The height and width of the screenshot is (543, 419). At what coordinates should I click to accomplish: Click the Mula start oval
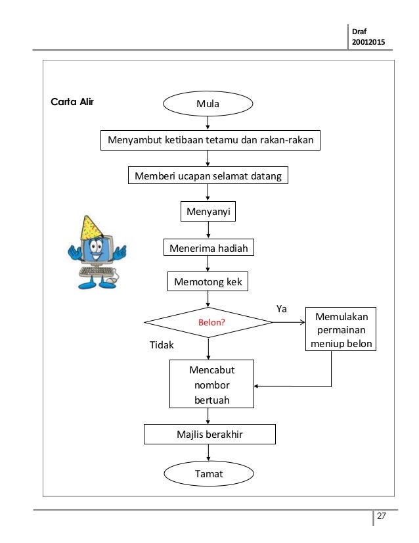click(208, 104)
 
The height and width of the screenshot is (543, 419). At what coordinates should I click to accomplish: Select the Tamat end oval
click(209, 473)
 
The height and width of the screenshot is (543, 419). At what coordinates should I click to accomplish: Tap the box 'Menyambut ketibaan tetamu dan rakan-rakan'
click(210, 140)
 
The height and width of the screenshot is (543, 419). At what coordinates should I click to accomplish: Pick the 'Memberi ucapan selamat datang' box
click(208, 176)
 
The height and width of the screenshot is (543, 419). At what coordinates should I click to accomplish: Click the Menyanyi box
click(208, 211)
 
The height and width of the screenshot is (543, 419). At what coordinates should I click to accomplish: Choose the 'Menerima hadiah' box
click(209, 247)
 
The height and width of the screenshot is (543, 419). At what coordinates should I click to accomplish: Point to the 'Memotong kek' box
click(208, 281)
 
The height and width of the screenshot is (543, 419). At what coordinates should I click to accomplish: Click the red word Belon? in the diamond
click(211, 322)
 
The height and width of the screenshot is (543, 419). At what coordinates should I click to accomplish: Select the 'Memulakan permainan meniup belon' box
click(341, 329)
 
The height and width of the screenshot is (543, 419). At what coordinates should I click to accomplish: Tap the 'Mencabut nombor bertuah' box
click(211, 384)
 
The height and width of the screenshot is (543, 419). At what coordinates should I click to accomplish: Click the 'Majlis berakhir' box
click(209, 435)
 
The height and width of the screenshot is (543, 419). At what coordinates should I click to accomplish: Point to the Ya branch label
click(281, 308)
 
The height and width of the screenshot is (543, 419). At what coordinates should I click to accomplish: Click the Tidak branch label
click(162, 345)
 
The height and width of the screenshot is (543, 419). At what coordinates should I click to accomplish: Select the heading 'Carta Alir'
click(72, 102)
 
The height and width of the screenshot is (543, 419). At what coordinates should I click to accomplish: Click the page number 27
click(382, 515)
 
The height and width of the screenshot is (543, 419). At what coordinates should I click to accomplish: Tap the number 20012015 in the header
click(368, 42)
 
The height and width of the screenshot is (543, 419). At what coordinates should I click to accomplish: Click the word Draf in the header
click(359, 32)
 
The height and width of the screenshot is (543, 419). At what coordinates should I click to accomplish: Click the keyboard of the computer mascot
click(97, 271)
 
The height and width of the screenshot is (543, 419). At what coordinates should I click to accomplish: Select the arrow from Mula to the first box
click(208, 123)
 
